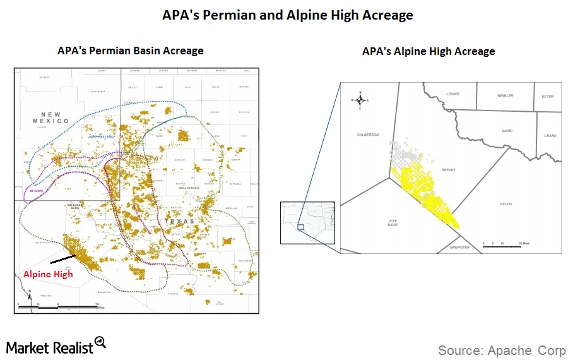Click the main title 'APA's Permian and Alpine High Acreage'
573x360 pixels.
point(287,15)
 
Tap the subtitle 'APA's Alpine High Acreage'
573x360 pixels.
point(428,52)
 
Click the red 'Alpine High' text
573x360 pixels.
point(48,274)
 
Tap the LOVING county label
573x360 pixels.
point(452,93)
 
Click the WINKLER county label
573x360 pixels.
point(505,95)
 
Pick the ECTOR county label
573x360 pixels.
point(548,96)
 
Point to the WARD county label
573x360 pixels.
point(507,131)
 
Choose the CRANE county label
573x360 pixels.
point(550,136)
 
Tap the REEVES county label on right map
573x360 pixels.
point(449,170)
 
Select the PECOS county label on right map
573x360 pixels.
point(505,204)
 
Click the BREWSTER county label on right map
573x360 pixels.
point(460,247)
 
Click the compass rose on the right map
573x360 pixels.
point(360,100)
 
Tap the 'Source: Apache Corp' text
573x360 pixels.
point(502,350)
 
